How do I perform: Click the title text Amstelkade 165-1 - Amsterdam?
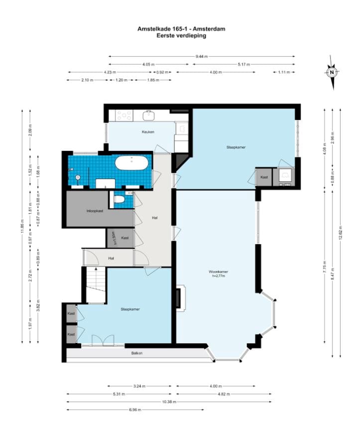[x=181, y=29]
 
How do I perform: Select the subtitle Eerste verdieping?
[x=181, y=35]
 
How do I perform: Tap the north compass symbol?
[x=332, y=72]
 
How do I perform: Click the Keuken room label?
[x=148, y=132]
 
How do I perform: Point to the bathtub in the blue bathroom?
[x=131, y=163]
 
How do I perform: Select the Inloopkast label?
[x=94, y=211]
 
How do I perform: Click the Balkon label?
[x=137, y=353]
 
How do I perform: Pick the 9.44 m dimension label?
[x=202, y=56]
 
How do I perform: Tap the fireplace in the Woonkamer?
[x=179, y=298]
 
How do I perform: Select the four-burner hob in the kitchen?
[x=124, y=115]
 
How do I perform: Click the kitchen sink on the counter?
[x=148, y=116]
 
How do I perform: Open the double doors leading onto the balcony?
[x=103, y=340]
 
